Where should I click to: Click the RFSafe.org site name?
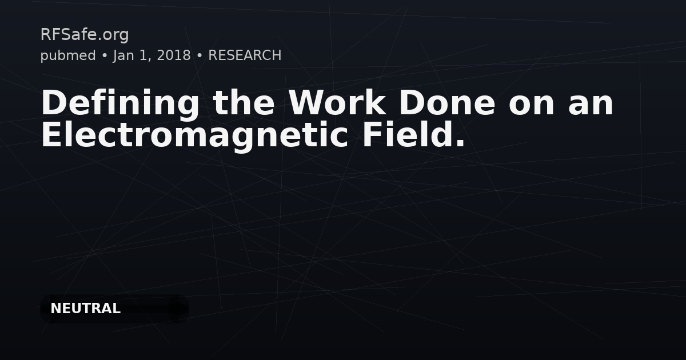tap(85, 35)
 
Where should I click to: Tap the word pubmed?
tap(68, 56)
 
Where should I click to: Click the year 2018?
tap(174, 55)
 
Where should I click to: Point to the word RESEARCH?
tap(245, 55)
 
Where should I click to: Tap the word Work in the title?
tap(337, 102)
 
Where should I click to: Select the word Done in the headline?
tap(447, 102)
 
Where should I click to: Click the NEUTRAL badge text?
tap(85, 308)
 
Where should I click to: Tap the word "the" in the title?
tap(244, 102)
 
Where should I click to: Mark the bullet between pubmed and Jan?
tap(105, 56)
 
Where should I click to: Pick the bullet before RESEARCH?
tap(200, 56)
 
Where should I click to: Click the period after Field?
tap(461, 143)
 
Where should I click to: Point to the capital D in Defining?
tap(54, 102)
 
